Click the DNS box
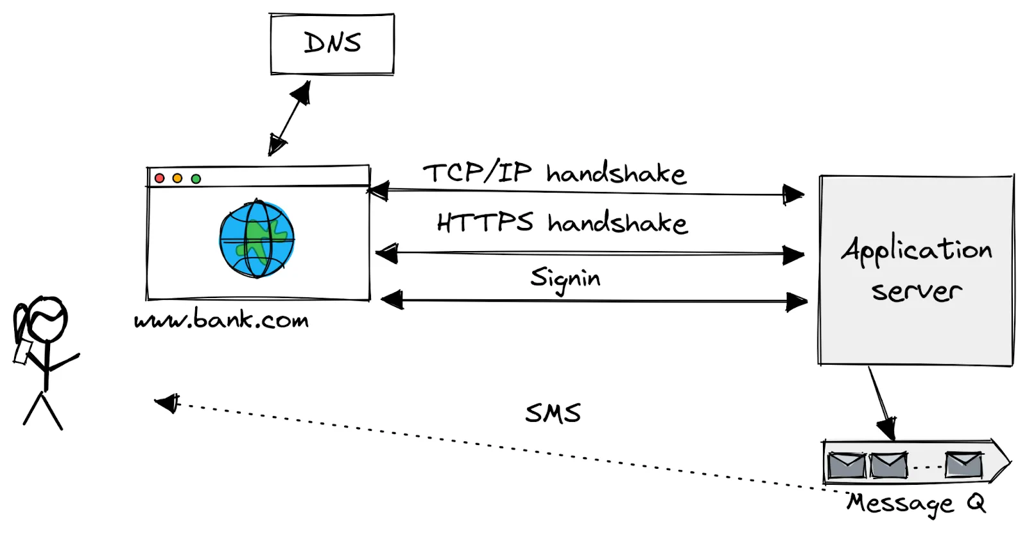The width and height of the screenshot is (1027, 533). (332, 44)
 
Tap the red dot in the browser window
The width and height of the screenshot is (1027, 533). (160, 178)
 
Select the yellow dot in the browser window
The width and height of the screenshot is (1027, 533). (177, 178)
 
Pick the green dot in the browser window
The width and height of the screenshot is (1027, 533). (196, 179)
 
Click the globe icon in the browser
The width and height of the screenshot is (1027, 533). (257, 239)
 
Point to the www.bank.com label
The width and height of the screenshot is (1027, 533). (221, 320)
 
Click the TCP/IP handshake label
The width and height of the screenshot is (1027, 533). (554, 173)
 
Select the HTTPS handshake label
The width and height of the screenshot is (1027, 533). (562, 223)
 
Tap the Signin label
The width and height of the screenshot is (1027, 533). (565, 279)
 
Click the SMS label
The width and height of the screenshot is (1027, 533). (553, 413)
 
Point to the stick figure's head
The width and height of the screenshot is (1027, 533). (46, 319)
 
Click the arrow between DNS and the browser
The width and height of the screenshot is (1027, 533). (289, 118)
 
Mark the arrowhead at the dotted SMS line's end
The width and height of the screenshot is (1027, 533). (168, 403)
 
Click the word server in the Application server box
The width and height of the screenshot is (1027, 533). (917, 291)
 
